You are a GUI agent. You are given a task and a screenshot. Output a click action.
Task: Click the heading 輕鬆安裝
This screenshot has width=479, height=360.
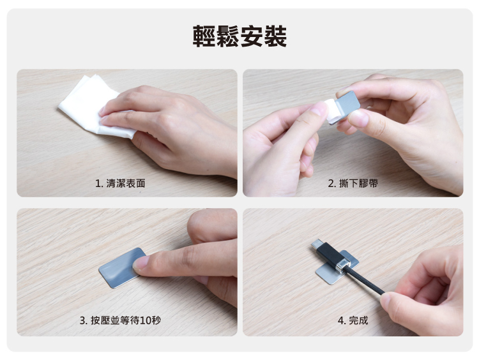[x=240, y=36]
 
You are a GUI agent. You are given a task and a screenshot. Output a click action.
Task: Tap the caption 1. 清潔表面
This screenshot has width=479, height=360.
[x=120, y=183]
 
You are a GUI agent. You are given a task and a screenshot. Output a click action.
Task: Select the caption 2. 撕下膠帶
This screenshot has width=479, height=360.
[x=353, y=183]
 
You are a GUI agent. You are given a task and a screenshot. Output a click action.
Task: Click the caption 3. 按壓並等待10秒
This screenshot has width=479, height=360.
[x=120, y=320]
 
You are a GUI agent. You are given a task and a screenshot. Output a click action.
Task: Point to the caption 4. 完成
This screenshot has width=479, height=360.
[x=353, y=320]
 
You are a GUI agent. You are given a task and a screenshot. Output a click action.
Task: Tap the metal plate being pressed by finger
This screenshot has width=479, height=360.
[x=121, y=269]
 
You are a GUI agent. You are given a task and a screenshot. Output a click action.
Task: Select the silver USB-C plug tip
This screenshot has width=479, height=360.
[x=316, y=244]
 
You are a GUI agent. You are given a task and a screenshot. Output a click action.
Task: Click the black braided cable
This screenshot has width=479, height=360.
[x=365, y=281]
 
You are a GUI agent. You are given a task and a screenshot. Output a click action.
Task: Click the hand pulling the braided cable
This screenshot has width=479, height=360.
[x=425, y=290]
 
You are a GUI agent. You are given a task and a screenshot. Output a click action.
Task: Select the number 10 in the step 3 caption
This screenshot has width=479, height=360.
[x=146, y=320]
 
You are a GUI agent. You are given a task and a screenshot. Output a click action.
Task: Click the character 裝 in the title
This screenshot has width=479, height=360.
[x=275, y=36]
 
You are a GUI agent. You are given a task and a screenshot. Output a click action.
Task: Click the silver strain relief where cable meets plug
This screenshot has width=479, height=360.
[x=342, y=264]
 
